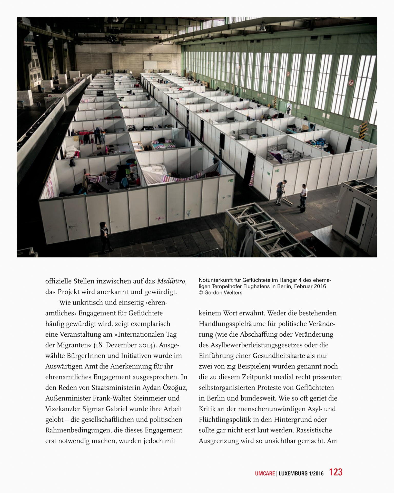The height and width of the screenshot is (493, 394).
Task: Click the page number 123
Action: click(336, 472)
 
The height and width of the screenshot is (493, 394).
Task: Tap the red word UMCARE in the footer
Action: click(265, 473)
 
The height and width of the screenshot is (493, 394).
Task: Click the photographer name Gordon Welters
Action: click(223, 293)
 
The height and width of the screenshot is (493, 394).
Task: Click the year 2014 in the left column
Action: click(146, 345)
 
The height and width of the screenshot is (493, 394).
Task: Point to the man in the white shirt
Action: click(303, 195)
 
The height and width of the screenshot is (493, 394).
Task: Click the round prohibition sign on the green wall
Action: click(351, 83)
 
